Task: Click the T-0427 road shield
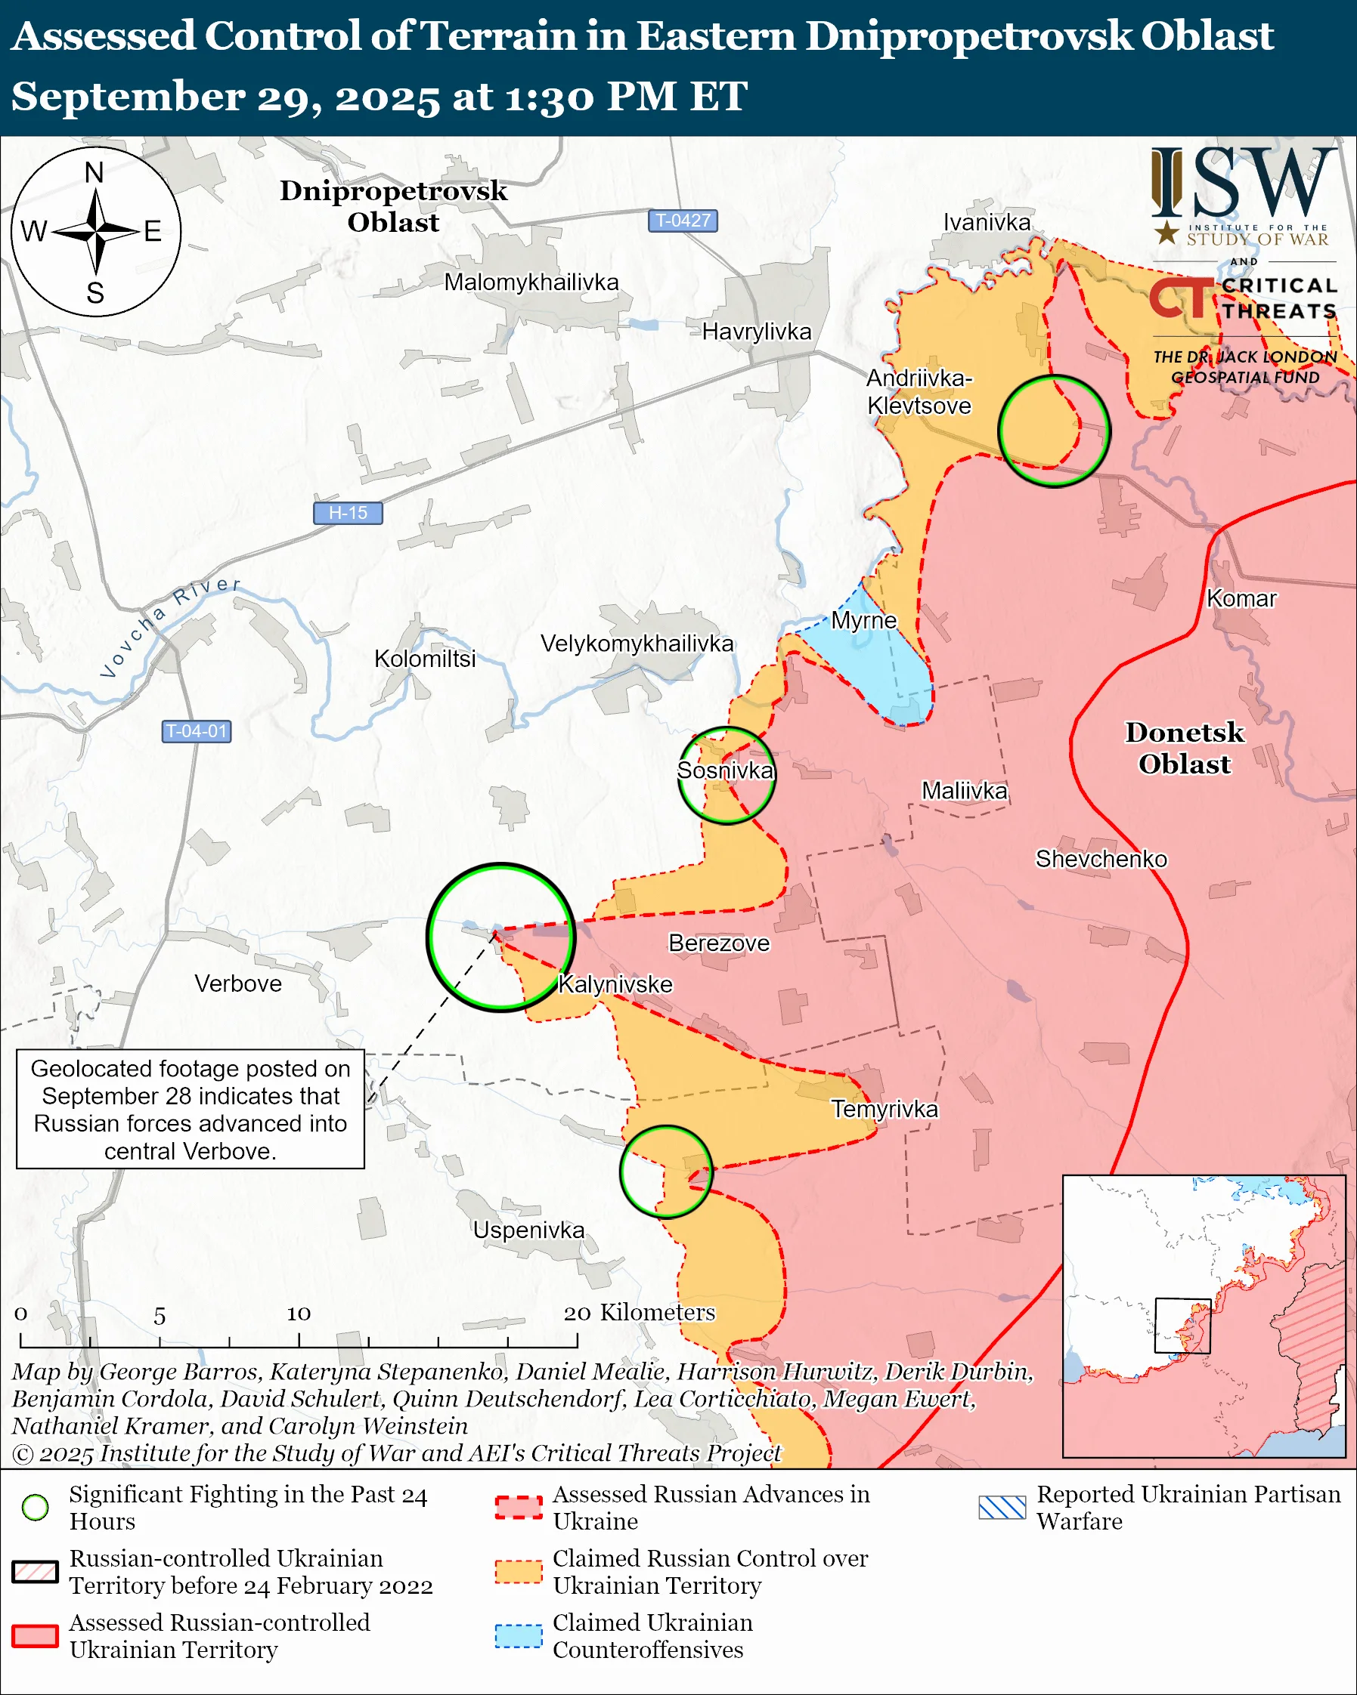(x=682, y=221)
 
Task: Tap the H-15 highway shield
(x=348, y=513)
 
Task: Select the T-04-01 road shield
(x=197, y=731)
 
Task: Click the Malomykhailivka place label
(x=531, y=282)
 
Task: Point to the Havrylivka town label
(x=756, y=332)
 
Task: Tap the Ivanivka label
(x=987, y=223)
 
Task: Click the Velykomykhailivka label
(x=637, y=644)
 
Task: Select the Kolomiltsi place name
(x=425, y=659)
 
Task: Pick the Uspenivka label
(x=528, y=1230)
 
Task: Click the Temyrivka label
(x=885, y=1110)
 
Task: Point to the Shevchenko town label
(x=1101, y=859)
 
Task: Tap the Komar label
(x=1241, y=598)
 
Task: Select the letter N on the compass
(x=94, y=173)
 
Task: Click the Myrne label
(x=864, y=620)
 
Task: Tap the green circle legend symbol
(x=36, y=1507)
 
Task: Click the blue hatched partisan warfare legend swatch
(x=1002, y=1507)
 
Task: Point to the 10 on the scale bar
(x=298, y=1314)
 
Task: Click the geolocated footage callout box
(x=191, y=1110)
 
